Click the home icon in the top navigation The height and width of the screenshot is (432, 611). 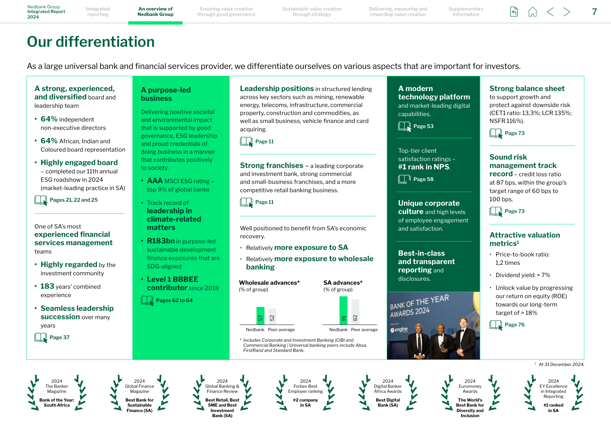532,12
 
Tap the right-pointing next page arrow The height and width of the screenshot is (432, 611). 567,12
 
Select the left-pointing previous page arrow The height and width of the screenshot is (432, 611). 550,12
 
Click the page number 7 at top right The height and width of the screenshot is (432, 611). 594,12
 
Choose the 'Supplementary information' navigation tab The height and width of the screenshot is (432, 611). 466,12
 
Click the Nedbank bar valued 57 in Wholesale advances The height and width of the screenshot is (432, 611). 260,316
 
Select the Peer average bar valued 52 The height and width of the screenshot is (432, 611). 272,317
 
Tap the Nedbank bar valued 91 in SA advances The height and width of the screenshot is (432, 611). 343,310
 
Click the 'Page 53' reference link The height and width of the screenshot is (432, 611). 423,126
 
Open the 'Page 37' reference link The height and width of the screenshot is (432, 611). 59,337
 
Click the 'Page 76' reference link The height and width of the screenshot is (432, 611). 514,325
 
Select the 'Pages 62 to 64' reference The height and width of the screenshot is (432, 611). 174,300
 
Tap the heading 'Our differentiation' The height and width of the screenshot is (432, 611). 91,42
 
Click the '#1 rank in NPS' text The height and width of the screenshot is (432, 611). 424,167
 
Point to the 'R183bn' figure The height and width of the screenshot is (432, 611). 161,241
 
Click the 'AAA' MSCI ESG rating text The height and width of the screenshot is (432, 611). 155,181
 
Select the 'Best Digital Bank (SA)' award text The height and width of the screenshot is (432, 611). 388,403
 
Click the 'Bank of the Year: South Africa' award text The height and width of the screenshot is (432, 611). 57,403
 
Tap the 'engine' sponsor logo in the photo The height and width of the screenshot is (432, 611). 399,330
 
